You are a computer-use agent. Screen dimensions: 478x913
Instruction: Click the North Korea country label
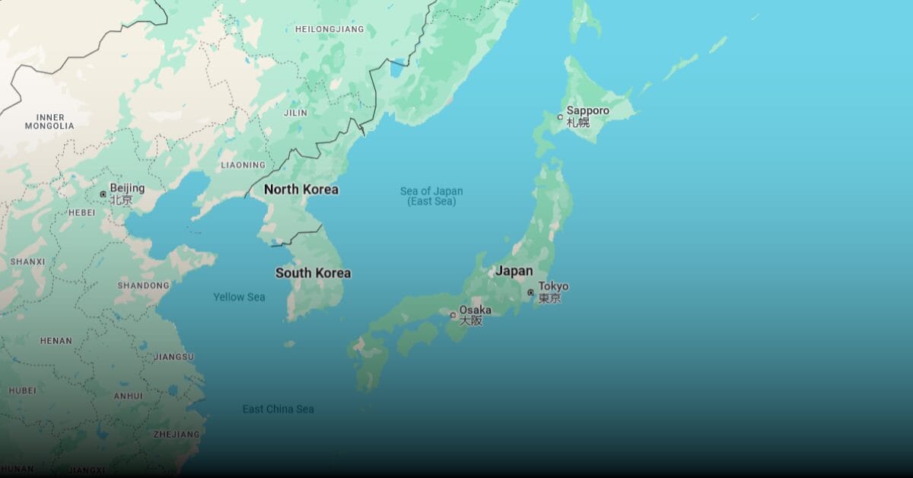pos(301,189)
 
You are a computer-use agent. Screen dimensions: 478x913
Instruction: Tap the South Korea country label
pos(313,272)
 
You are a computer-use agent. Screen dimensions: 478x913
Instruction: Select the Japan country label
pos(514,271)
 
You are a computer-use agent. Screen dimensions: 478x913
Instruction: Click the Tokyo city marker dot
pos(530,292)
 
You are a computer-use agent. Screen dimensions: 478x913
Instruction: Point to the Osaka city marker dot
pos(453,314)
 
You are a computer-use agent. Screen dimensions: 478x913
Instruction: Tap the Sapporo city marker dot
pos(560,117)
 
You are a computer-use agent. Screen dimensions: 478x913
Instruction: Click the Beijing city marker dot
pos(103,194)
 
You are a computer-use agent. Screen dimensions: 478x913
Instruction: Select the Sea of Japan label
pos(431,196)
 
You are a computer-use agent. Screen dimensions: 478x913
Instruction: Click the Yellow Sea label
pos(239,297)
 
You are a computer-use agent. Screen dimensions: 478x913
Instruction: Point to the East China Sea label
pos(278,409)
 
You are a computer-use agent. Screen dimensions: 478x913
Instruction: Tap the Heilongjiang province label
pos(329,29)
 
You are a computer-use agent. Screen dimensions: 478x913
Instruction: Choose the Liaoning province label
pos(243,164)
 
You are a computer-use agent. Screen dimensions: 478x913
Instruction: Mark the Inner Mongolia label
pos(49,121)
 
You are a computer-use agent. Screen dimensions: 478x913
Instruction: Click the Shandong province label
pos(143,285)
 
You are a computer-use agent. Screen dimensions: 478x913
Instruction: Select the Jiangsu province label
pos(173,356)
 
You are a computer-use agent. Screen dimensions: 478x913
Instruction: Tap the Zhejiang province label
pos(177,435)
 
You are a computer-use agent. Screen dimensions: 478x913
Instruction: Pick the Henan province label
pos(56,341)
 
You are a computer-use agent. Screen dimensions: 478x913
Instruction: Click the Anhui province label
pos(128,396)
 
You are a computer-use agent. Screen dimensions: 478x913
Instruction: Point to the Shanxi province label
pos(27,262)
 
